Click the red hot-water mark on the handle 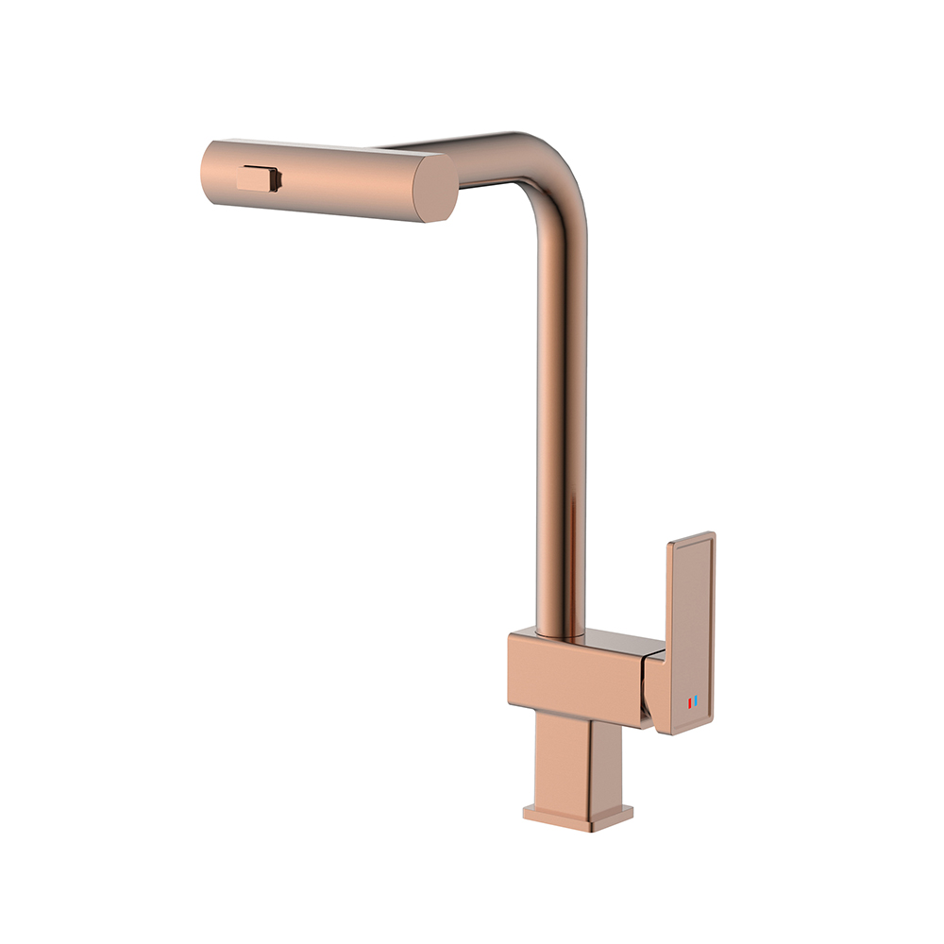pyautogui.click(x=690, y=702)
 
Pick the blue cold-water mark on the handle pyautogui.click(x=697, y=702)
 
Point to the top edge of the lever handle pyautogui.click(x=692, y=537)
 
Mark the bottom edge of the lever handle pyautogui.click(x=682, y=729)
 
